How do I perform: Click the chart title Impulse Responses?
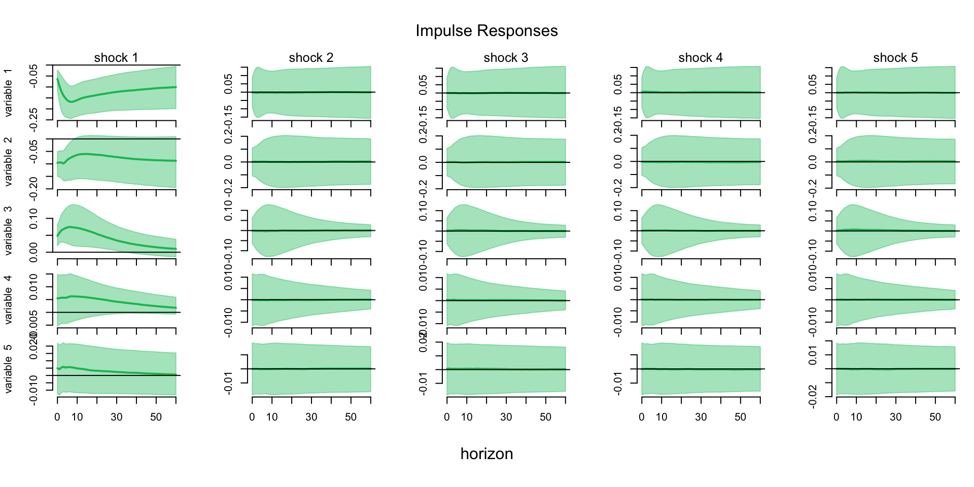pos(486,31)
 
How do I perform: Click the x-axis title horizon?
pos(486,454)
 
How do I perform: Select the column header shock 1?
pos(116,58)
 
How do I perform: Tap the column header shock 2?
pos(311,58)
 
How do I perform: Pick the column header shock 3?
pos(506,58)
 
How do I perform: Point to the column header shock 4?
pos(701,58)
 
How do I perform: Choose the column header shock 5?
pos(895,58)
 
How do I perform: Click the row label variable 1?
pos(8,93)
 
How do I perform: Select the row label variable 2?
pos(8,162)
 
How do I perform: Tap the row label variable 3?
pos(8,231)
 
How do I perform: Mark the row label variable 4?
pos(8,300)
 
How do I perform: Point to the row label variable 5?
pos(8,369)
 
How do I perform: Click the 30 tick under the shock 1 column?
pos(117,417)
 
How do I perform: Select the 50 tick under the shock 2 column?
pos(351,417)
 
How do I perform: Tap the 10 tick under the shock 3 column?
pos(467,417)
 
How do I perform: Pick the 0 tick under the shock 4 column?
pos(642,417)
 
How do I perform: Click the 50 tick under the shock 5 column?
pos(935,417)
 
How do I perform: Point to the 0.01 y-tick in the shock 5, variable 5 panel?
pos(813,355)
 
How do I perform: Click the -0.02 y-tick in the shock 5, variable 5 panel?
pos(813,396)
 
